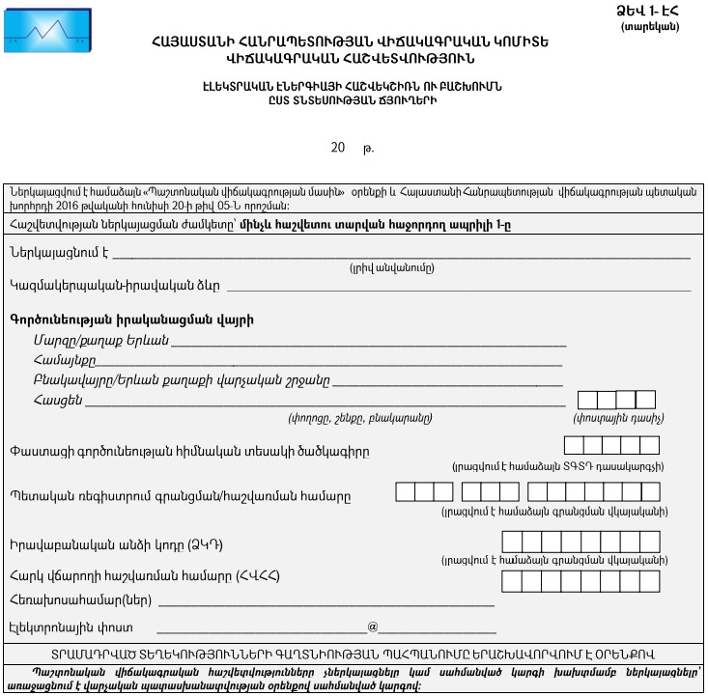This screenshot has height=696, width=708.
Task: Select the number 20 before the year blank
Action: pyautogui.click(x=337, y=148)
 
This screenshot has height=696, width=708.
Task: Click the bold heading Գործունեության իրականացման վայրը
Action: pyautogui.click(x=131, y=319)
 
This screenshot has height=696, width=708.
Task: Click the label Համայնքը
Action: pyautogui.click(x=64, y=360)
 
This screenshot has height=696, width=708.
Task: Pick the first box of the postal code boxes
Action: pyautogui.click(x=586, y=400)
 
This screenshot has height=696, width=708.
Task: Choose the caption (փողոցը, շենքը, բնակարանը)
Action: pyautogui.click(x=359, y=418)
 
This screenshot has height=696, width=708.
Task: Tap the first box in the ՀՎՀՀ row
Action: pyautogui.click(x=512, y=580)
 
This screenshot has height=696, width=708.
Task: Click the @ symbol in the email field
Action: pyautogui.click(x=372, y=626)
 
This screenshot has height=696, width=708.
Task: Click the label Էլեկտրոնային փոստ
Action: pyautogui.click(x=57, y=627)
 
